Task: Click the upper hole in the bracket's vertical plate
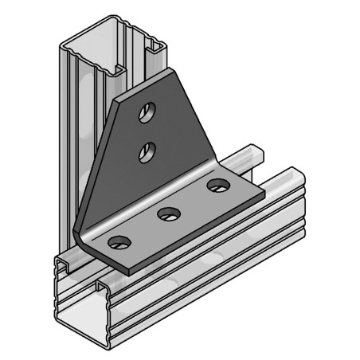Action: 146,114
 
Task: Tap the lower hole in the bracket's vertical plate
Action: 146,151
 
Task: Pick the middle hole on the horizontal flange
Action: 167,213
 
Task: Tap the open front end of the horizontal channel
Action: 80,295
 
